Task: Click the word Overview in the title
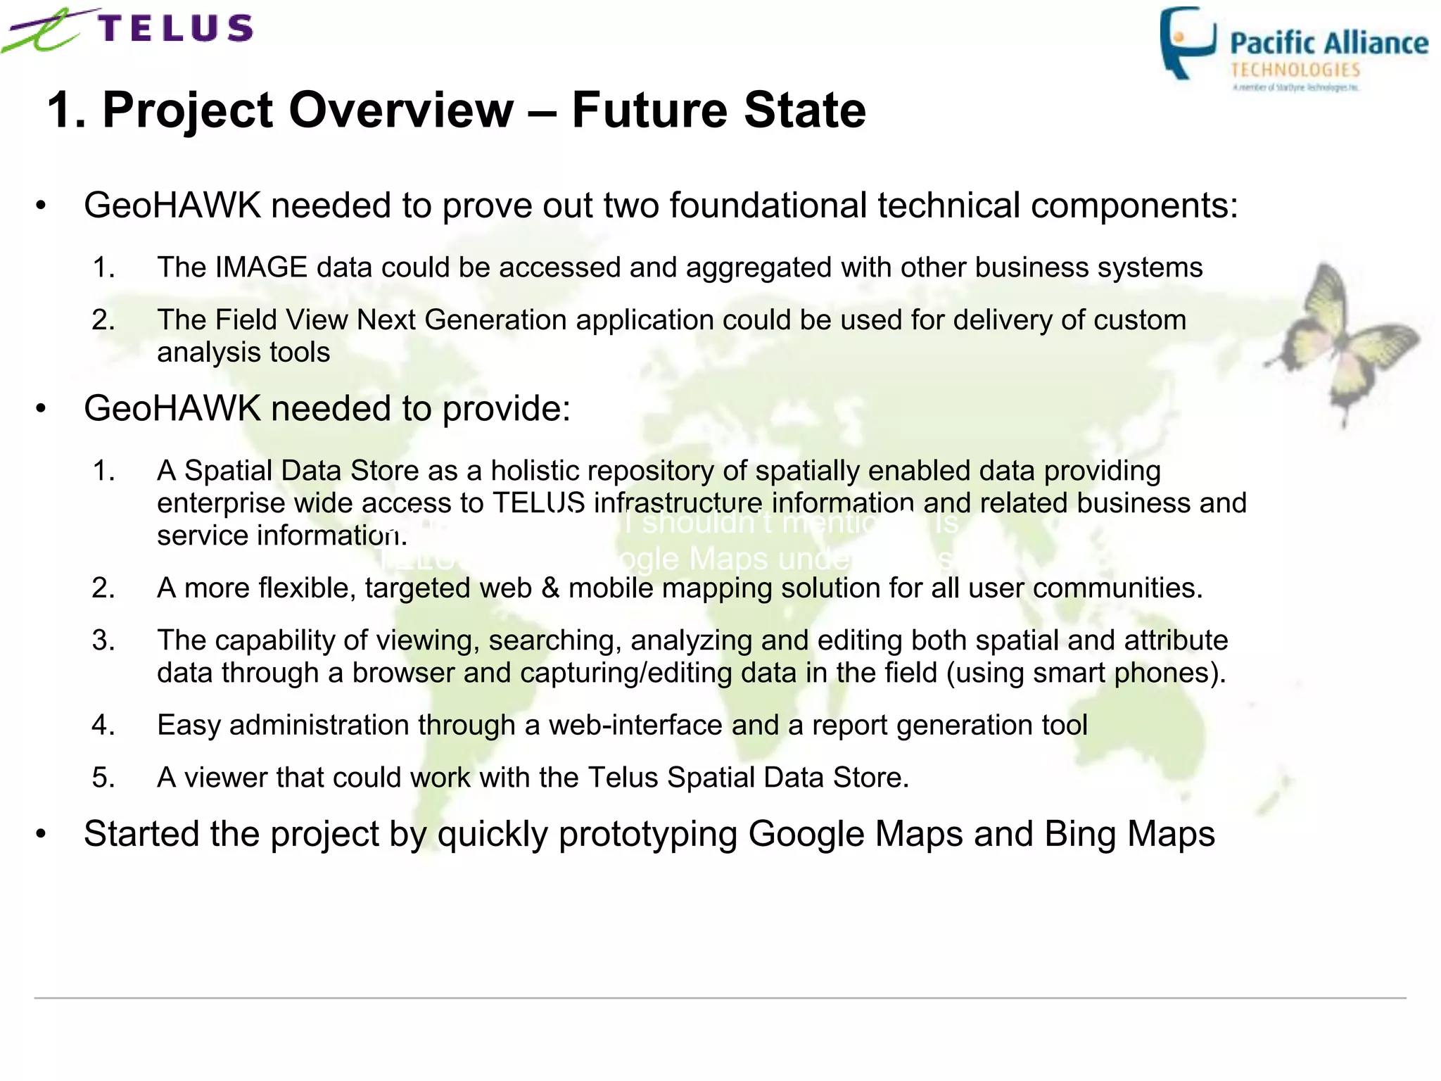401,110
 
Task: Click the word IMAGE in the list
261,267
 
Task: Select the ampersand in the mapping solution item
550,588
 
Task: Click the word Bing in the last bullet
1080,834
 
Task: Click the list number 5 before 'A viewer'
103,778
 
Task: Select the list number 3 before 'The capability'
103,640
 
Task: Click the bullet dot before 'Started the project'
41,834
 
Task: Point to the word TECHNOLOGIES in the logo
1295,70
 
